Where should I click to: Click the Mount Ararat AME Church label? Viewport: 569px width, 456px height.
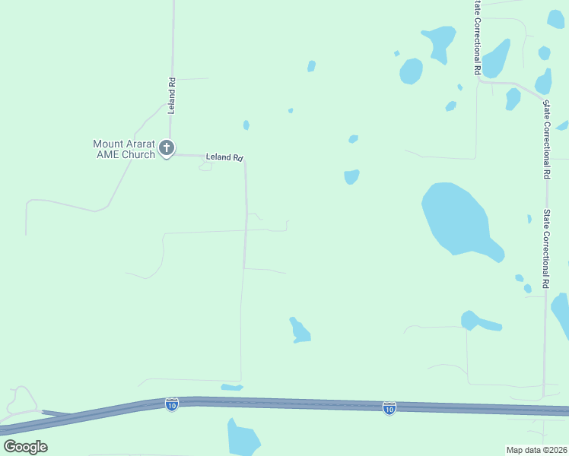coord(123,149)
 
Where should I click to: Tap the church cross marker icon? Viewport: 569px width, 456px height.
coord(167,148)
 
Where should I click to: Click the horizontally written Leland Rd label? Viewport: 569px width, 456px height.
coord(224,157)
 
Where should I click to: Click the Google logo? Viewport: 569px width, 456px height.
coord(25,446)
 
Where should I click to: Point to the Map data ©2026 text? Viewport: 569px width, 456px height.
coord(536,450)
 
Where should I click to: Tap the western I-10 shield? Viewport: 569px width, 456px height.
coord(172,404)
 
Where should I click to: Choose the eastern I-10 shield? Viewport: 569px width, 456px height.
coord(389,408)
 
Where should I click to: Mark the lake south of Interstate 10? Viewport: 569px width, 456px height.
coord(242,438)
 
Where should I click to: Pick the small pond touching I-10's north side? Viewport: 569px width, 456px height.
coord(231,388)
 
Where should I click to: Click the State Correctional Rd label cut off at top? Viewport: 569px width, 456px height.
coord(477,36)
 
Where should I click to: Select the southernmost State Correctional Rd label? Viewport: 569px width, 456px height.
coord(545,249)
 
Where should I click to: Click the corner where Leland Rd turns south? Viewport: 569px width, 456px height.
coord(245,160)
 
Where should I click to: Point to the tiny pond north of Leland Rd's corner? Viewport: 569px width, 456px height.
coord(246,125)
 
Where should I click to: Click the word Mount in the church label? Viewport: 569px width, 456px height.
coord(108,144)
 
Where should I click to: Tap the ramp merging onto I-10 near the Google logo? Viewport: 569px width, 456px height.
coord(57,414)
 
